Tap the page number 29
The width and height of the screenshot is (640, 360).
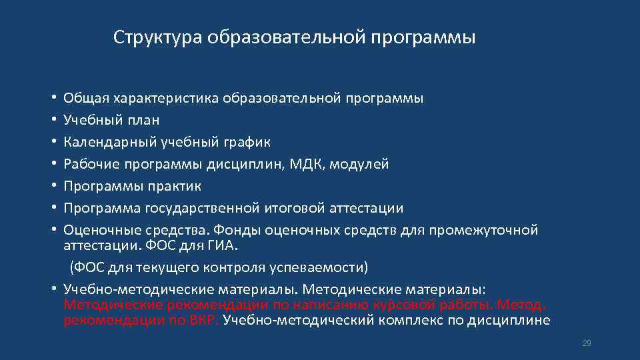[587, 343]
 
